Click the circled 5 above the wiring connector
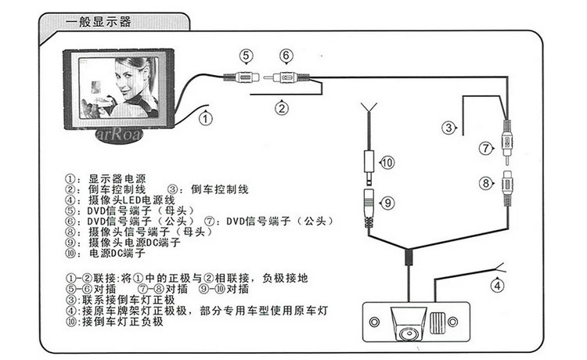coord(246,56)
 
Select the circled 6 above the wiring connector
coord(286,56)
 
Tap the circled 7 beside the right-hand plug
coord(485,146)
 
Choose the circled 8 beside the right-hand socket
coord(485,185)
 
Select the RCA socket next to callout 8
coord(509,183)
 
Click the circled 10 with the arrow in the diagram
coord(388,162)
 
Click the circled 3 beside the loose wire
coord(448,128)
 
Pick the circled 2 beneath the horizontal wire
coord(282,108)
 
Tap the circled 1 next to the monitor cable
coord(203,119)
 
